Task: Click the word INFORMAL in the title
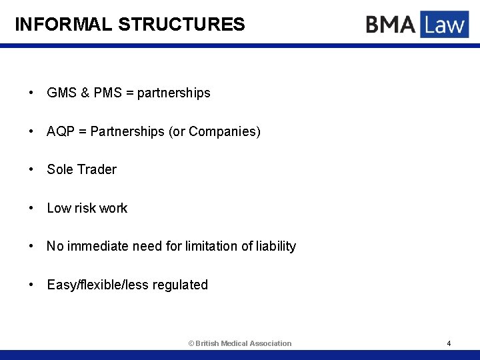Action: click(x=64, y=25)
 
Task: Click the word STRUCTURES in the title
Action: click(x=181, y=25)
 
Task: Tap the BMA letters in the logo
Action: click(x=391, y=25)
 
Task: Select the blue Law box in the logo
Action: click(x=444, y=25)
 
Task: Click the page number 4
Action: click(x=449, y=343)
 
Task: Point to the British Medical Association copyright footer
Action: click(x=240, y=343)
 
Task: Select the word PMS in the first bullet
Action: click(x=108, y=93)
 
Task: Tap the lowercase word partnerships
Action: click(x=173, y=93)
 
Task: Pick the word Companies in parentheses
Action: click(x=223, y=132)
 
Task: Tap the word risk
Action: click(x=85, y=209)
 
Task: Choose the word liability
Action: click(x=276, y=247)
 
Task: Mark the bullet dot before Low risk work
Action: click(x=31, y=209)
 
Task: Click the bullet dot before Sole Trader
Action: click(x=31, y=170)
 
